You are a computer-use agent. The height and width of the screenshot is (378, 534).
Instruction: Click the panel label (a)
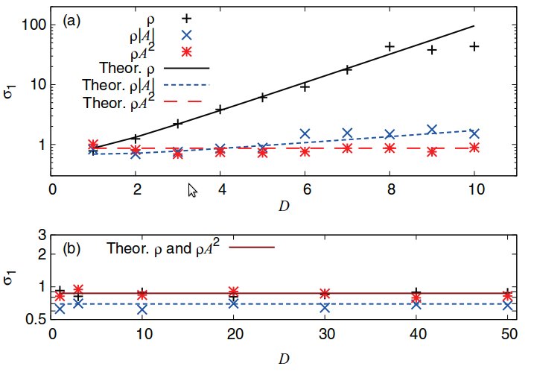(72, 21)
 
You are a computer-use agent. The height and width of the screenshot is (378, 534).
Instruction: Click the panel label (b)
(72, 248)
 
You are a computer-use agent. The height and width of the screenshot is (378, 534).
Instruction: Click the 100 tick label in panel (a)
(34, 25)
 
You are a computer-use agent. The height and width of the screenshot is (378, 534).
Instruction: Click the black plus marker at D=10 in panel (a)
(474, 46)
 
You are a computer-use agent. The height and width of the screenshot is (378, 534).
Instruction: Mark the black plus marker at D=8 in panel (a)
(389, 46)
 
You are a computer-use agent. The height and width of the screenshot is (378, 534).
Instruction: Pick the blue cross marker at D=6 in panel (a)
(305, 133)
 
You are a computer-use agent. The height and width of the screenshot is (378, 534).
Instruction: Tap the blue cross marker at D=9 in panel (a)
(431, 129)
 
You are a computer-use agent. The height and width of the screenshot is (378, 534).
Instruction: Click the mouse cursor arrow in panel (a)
(192, 192)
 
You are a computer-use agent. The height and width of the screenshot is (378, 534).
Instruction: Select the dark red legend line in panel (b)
(254, 246)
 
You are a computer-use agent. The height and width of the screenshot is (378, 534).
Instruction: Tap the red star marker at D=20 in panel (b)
(234, 292)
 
